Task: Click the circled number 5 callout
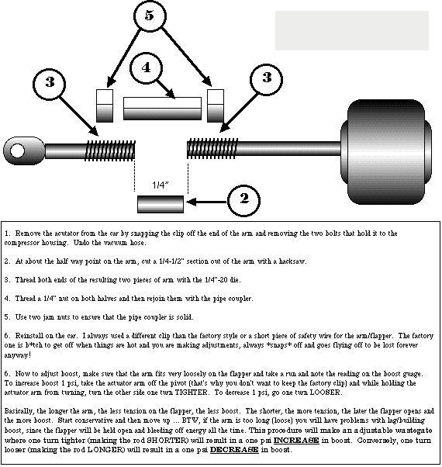pos(150,16)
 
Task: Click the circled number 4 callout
pos(146,68)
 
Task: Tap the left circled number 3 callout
pos(49,83)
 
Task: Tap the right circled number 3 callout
pos(266,79)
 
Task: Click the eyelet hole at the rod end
pos(17,150)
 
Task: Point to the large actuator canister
pos(386,152)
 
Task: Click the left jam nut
pos(105,106)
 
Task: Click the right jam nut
pos(216,106)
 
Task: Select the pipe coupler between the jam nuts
pos(162,109)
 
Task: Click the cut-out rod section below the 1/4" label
pos(161,204)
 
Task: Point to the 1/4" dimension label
pos(161,185)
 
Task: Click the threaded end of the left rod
pos(110,150)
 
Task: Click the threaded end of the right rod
pos(212,148)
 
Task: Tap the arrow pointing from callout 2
pos(206,202)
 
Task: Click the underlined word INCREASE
pos(296,440)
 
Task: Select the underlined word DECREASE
pos(234,449)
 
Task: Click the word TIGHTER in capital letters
pos(191,393)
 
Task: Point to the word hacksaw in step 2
pos(292,261)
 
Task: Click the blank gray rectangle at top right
pos(352,31)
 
